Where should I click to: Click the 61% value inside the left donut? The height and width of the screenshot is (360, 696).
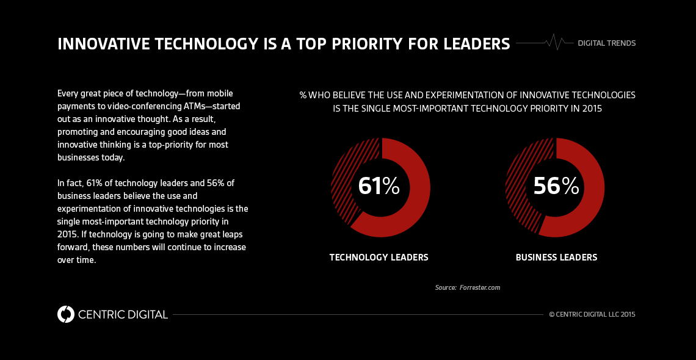coord(379,186)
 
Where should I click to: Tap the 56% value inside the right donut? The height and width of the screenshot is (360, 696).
coord(556,186)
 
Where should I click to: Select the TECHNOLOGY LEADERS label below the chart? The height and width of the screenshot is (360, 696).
coord(379,257)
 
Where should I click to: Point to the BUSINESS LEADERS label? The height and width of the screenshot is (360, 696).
coord(556,257)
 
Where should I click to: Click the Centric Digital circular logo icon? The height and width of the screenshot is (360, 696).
coord(65,314)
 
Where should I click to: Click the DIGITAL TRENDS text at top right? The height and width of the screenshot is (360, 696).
coord(606,43)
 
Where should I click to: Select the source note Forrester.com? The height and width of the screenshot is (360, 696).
coord(479,287)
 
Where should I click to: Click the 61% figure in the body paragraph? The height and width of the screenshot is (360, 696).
coord(95,182)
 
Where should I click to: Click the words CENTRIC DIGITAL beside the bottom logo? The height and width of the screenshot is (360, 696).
coord(123,315)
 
